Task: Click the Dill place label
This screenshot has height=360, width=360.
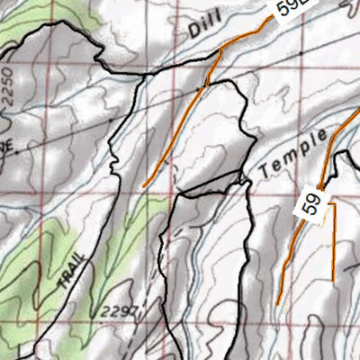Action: (203, 29)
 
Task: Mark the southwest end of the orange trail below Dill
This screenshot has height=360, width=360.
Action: (144, 186)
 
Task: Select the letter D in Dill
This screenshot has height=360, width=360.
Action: (193, 33)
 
